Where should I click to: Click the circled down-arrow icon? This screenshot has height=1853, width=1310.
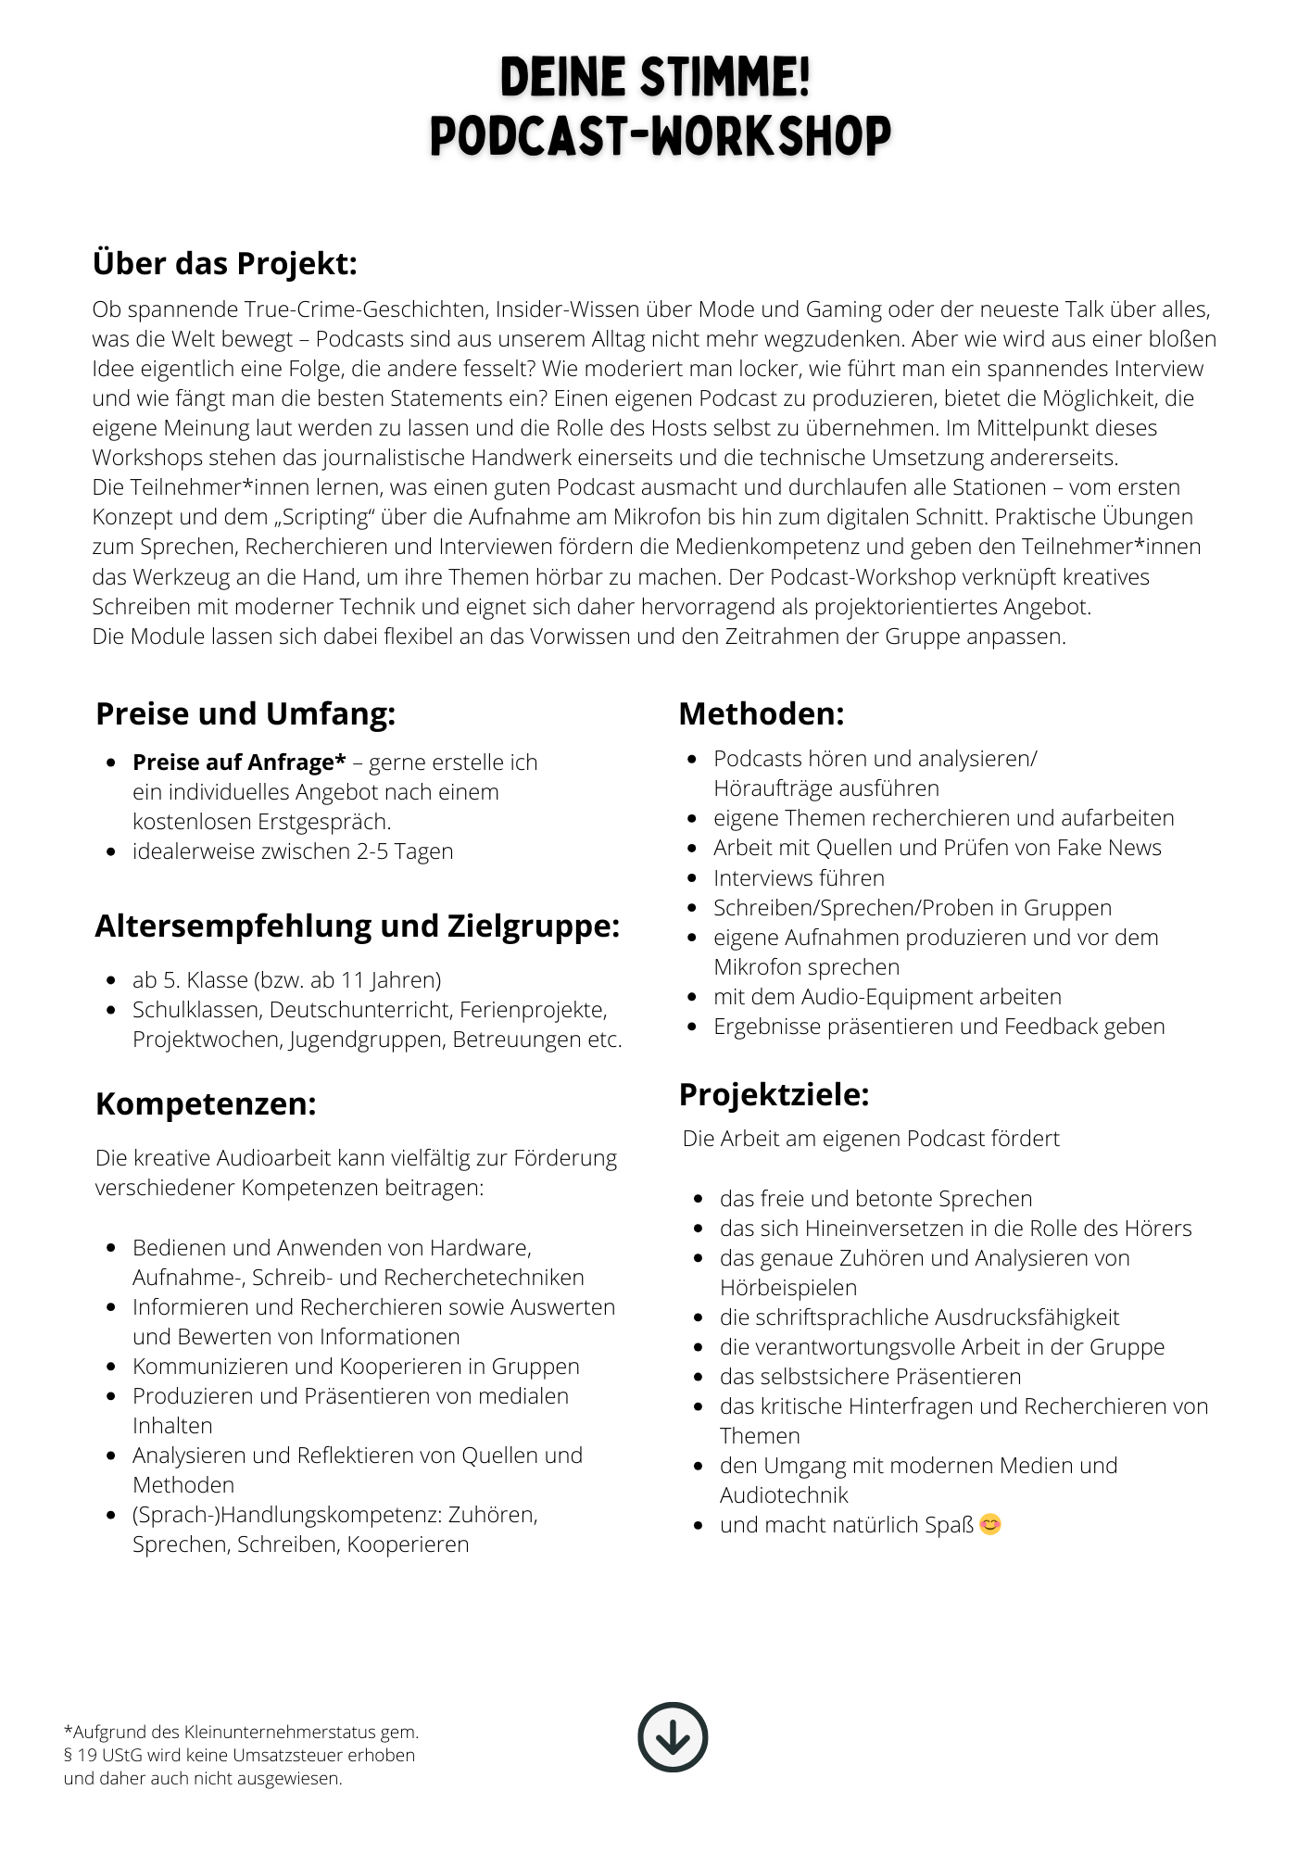[x=673, y=1737]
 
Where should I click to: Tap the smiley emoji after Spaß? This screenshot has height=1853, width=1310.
[x=990, y=1524]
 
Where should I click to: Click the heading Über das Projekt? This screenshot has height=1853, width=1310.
[x=225, y=263]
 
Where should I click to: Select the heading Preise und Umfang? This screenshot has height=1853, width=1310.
[x=246, y=713]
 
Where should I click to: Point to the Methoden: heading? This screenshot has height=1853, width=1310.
[x=762, y=713]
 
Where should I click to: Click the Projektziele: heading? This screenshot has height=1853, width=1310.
[x=775, y=1094]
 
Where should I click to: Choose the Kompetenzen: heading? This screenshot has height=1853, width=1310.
[x=206, y=1103]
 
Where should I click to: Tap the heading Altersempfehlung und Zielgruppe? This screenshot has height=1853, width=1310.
[x=358, y=926]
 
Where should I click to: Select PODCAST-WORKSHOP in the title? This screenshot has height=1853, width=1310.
[x=661, y=136]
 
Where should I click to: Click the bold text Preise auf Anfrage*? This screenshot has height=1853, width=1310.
[x=239, y=763]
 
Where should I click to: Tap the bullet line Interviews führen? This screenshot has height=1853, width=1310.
[x=799, y=877]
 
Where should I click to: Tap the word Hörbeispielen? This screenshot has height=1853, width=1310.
[x=788, y=1287]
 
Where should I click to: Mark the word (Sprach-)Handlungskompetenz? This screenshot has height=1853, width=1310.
[x=287, y=1515]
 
